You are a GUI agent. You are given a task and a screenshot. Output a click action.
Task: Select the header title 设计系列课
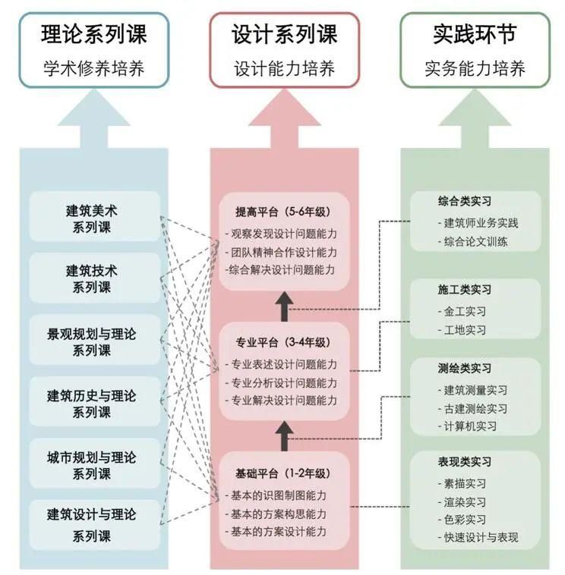tap(284, 34)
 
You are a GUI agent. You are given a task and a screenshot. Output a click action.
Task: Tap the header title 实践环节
tap(475, 34)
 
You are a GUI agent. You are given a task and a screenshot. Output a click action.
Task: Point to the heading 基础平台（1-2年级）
tap(282, 473)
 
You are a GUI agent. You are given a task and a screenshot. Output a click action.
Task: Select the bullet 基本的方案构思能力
tap(279, 514)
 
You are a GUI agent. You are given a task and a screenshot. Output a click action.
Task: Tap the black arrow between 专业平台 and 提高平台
tap(284, 306)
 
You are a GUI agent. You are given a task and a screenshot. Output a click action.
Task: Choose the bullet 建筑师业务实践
tap(481, 223)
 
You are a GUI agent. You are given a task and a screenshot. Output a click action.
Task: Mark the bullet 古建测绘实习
tap(475, 408)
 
